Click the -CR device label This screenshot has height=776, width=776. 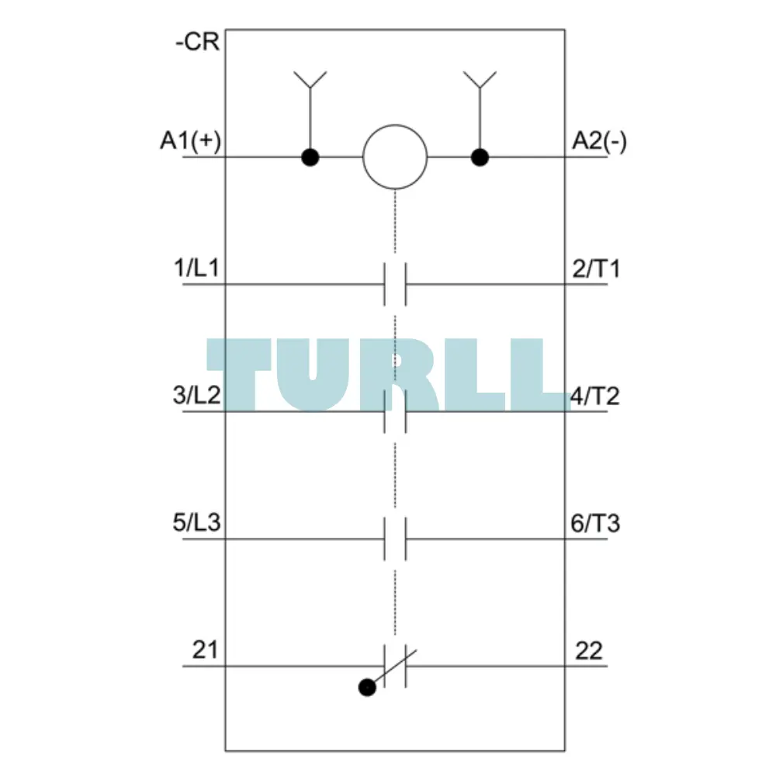tap(197, 42)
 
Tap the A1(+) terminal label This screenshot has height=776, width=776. tap(191, 140)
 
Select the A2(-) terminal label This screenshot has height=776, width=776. tap(599, 140)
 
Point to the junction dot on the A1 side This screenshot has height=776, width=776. tap(310, 158)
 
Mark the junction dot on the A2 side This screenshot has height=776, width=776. tap(480, 158)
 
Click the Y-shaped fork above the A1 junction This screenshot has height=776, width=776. tap(310, 80)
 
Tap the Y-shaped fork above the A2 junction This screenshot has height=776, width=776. tap(480, 80)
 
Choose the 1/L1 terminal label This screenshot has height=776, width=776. tap(196, 268)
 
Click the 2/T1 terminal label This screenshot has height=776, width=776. tap(596, 268)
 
